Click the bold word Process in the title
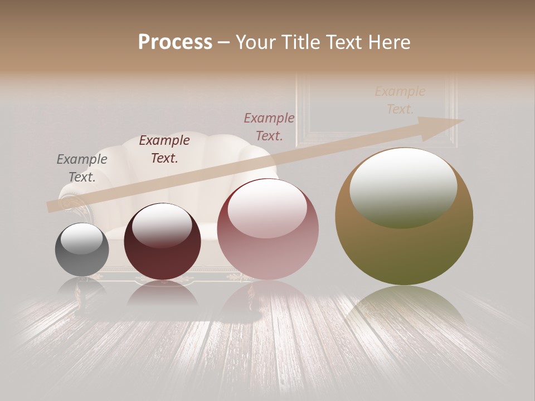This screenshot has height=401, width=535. coord(175,42)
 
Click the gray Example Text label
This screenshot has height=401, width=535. coord(82,168)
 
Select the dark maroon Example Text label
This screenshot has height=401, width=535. coord(164,149)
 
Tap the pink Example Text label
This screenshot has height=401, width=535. coord(269,126)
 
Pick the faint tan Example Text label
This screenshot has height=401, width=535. coord(400,100)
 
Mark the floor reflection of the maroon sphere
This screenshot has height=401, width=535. coord(162,292)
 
